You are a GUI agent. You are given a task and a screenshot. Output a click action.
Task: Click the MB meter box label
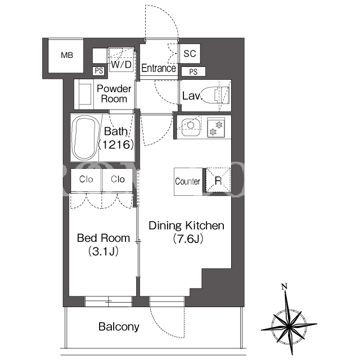pyautogui.click(x=67, y=55)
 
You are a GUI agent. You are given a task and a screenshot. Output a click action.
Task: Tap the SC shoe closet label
pyautogui.click(x=190, y=53)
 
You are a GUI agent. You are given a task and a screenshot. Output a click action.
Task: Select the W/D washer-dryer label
pyautogui.click(x=121, y=65)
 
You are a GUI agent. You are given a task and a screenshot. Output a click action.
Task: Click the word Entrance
pyautogui.click(x=159, y=68)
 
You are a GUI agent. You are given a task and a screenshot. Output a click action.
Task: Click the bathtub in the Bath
pyautogui.click(x=85, y=137)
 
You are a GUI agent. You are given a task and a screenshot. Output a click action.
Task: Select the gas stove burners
pyautogui.click(x=216, y=128)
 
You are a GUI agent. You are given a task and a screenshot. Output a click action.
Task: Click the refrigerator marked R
pyautogui.click(x=218, y=181)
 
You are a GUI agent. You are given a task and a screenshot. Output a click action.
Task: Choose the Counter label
pyautogui.click(x=187, y=181)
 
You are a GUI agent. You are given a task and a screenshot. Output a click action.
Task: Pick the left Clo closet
pyautogui.click(x=86, y=179)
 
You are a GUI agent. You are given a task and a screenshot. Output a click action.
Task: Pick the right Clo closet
pyautogui.click(x=118, y=179)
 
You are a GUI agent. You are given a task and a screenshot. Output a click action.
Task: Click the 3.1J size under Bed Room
pyautogui.click(x=103, y=251)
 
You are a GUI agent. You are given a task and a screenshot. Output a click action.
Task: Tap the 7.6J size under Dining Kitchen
pyautogui.click(x=188, y=239)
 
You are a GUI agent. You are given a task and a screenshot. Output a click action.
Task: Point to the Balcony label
pyautogui.click(x=119, y=327)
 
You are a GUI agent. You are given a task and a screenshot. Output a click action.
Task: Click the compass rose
pyautogui.click(x=289, y=324)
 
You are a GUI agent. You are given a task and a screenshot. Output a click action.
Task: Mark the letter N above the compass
pyautogui.click(x=284, y=286)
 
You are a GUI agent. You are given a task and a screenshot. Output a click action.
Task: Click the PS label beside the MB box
pyautogui.click(x=99, y=71)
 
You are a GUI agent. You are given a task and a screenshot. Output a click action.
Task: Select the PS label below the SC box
pyautogui.click(x=193, y=72)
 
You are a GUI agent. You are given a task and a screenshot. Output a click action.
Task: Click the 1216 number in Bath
pyautogui.click(x=116, y=145)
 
